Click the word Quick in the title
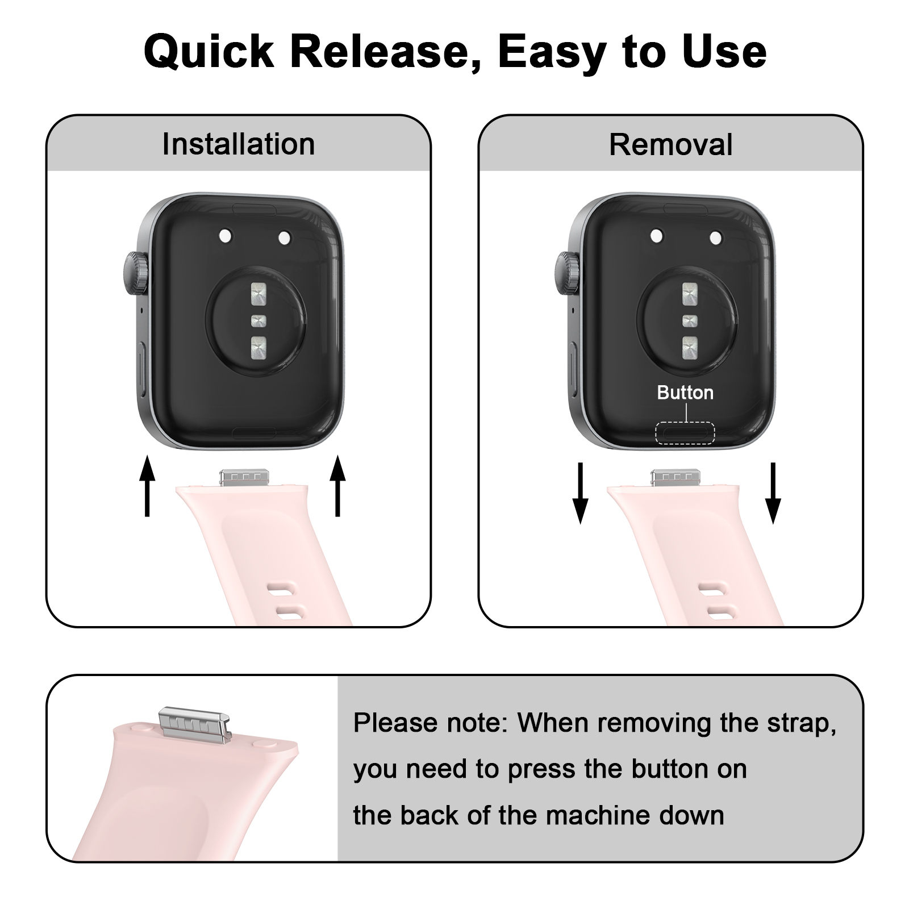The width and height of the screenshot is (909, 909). click(209, 52)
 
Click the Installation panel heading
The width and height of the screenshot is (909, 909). click(238, 144)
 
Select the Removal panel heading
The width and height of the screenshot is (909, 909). click(670, 144)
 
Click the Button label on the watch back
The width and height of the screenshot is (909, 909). click(685, 393)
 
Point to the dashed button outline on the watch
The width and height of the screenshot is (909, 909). click(685, 433)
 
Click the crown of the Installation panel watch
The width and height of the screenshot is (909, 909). click(134, 273)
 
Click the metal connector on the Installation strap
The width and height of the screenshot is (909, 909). click(243, 477)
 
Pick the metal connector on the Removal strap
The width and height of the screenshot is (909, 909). click(675, 477)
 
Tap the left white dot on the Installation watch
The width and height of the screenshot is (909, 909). click(225, 235)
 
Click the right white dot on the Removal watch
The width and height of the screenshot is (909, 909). click(716, 237)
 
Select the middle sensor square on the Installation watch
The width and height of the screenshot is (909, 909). click(258, 320)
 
